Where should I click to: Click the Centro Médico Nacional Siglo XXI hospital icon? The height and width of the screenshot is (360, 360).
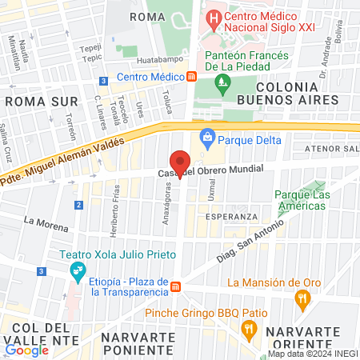[213, 17]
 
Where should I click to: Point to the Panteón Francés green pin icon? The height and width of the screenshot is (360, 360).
[221, 80]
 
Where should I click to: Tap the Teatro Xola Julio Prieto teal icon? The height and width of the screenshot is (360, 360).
[78, 271]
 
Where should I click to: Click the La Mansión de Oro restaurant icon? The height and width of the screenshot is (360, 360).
[302, 300]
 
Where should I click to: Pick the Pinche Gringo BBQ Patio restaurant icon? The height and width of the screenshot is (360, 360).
[249, 328]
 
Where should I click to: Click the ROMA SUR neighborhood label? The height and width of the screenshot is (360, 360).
[42, 102]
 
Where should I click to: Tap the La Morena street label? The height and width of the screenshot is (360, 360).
[42, 220]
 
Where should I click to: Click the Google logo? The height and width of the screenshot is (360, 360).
[26, 349]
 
